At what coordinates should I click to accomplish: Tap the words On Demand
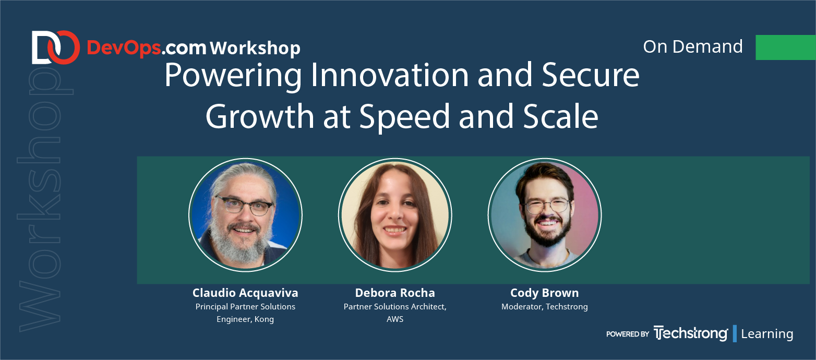pos(692,46)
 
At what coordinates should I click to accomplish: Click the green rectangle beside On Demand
pos(786,47)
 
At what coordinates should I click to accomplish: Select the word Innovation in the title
pos(389,76)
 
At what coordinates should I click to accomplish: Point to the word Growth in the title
pos(260,116)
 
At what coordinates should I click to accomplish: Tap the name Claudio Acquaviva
pos(245,293)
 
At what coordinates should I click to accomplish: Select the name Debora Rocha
pos(395,293)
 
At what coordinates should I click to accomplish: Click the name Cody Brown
pos(544,293)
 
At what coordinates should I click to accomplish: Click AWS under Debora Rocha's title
pos(395,319)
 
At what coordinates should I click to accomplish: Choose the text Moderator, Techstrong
pos(545,307)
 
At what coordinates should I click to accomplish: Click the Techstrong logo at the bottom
pos(691,333)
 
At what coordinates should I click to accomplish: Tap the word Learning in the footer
pos(767,334)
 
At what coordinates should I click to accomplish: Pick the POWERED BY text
pos(628,334)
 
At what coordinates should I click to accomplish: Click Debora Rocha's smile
pos(395,230)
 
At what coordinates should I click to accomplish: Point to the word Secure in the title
pos(591,76)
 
